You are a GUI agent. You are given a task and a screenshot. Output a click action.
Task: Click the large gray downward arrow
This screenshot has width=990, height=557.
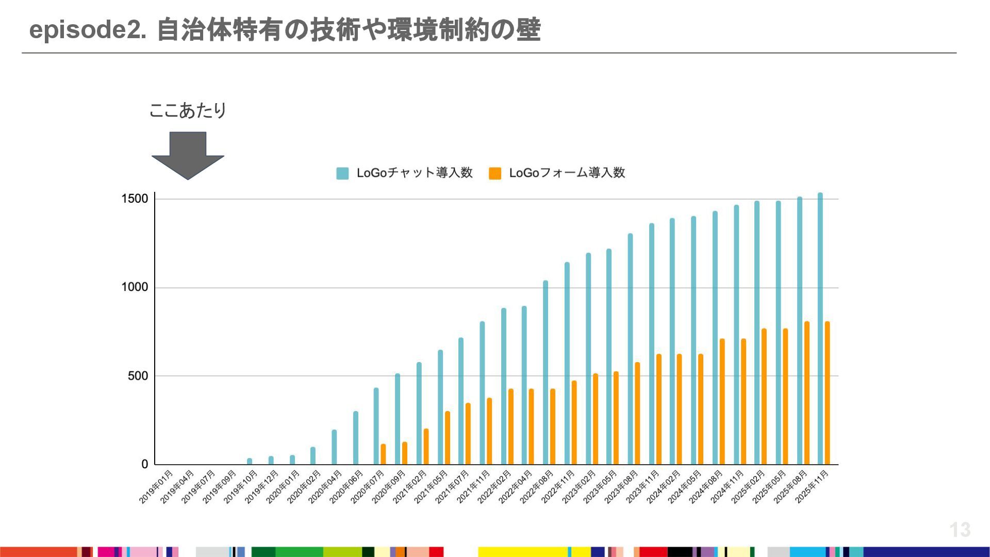coord(188,155)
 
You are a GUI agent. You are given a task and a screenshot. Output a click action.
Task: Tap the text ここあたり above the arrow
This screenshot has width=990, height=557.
coord(188,110)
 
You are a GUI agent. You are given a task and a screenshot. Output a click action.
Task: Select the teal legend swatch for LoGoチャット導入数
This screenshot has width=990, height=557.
coord(342,173)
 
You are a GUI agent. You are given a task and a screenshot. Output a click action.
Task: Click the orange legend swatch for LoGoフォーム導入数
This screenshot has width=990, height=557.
coord(495,173)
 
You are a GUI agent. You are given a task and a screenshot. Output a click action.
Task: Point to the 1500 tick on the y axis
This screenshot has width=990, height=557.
coord(135,199)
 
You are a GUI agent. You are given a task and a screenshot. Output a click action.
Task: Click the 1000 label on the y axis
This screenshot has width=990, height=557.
coord(135,287)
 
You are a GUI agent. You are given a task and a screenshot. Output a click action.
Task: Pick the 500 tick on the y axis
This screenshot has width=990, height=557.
coord(138,376)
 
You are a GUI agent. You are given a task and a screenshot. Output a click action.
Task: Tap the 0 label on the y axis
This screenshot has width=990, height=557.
coord(145,464)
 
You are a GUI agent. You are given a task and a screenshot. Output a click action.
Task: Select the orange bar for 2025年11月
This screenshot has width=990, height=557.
coord(828,393)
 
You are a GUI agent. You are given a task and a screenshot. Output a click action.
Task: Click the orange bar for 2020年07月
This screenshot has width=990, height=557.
coord(383,454)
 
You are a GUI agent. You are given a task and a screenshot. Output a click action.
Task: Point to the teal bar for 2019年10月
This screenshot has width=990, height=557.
coord(250,461)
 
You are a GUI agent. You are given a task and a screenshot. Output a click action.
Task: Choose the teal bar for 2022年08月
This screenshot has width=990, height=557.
coord(546,372)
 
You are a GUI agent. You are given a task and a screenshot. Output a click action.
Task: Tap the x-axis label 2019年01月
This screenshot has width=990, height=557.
coord(156,487)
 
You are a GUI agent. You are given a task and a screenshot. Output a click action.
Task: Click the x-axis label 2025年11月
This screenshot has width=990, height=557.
coord(812,487)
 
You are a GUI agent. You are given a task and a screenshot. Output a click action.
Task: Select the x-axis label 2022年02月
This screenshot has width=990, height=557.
coord(494,487)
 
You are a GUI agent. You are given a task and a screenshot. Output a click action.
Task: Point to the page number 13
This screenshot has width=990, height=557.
coord(960,530)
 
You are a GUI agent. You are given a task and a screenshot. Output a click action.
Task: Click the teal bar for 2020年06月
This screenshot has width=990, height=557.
coord(356,438)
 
